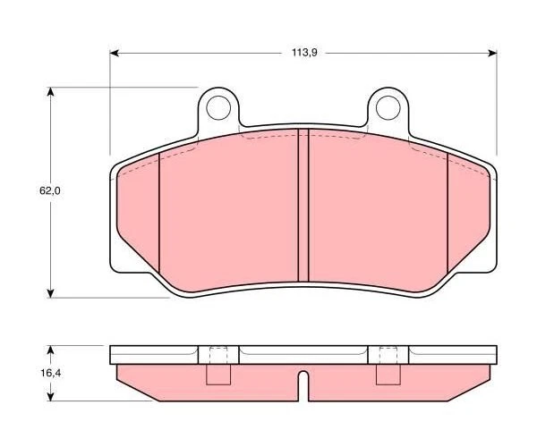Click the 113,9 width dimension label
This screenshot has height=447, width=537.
[304, 53]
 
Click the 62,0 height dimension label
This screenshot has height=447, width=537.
[50, 190]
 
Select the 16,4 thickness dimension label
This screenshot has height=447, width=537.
[51, 373]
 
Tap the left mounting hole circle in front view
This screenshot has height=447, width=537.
[218, 108]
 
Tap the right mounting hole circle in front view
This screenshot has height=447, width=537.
[388, 108]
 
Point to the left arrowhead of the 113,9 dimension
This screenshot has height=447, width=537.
[114, 53]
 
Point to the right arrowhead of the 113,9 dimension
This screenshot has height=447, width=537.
[492, 53]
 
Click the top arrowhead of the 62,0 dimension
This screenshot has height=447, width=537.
[51, 92]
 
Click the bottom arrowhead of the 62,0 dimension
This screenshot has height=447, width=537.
[51, 293]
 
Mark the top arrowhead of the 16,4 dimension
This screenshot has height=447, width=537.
[51, 350]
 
